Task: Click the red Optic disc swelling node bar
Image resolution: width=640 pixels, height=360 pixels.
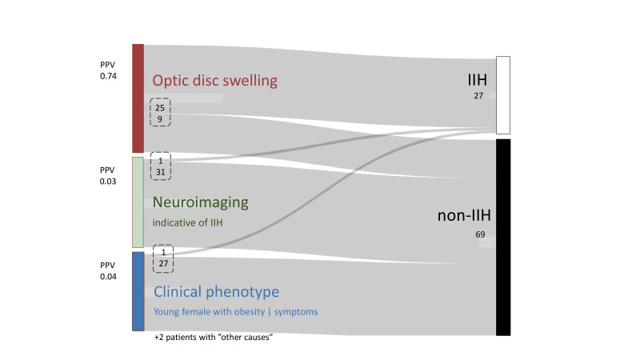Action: pos(138,98)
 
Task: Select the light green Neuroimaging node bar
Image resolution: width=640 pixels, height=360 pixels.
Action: pos(138,202)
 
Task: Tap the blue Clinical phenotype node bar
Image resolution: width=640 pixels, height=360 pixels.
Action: pos(138,290)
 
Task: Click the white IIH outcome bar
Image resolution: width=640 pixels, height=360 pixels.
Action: pos(502,94)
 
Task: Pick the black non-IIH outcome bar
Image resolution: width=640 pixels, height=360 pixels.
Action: pos(502,237)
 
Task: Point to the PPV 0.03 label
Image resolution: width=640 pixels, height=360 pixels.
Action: pos(109,175)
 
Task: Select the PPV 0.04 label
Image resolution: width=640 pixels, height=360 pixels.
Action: pos(109,271)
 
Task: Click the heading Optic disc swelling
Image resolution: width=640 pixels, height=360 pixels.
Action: pos(214,81)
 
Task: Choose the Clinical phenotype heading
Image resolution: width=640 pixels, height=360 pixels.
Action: pos(216,291)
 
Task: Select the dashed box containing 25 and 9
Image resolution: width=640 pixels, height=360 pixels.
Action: pos(160,113)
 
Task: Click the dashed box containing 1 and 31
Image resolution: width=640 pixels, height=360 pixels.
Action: pos(160,166)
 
